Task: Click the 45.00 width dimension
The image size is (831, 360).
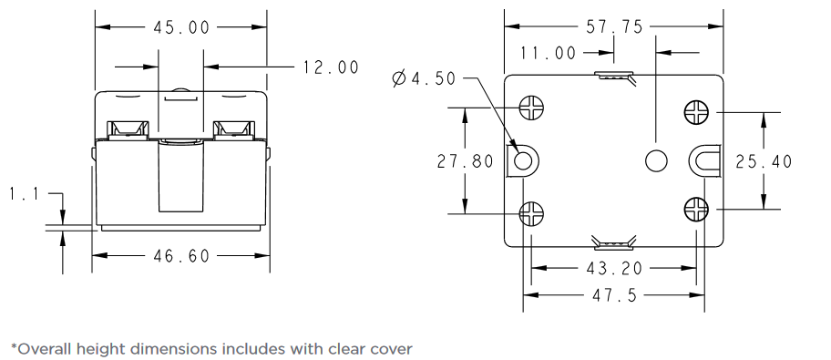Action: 181,27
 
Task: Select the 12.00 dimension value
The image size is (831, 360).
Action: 331,67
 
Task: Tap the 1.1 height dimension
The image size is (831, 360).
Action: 23,194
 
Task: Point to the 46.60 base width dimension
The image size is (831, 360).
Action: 180,256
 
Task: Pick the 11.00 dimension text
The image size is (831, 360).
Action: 549,53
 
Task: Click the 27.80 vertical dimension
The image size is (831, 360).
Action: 465,161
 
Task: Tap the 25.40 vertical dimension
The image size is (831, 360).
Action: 764,161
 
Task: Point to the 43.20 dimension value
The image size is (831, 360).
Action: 614,268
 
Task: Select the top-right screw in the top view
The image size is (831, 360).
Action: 696,112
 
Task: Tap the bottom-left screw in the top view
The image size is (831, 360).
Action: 531,213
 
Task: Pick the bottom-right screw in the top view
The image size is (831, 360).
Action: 696,210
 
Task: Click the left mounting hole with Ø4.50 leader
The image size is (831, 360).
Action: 524,161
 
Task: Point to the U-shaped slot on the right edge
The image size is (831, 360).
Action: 705,161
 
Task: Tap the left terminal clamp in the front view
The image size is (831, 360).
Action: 128,129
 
